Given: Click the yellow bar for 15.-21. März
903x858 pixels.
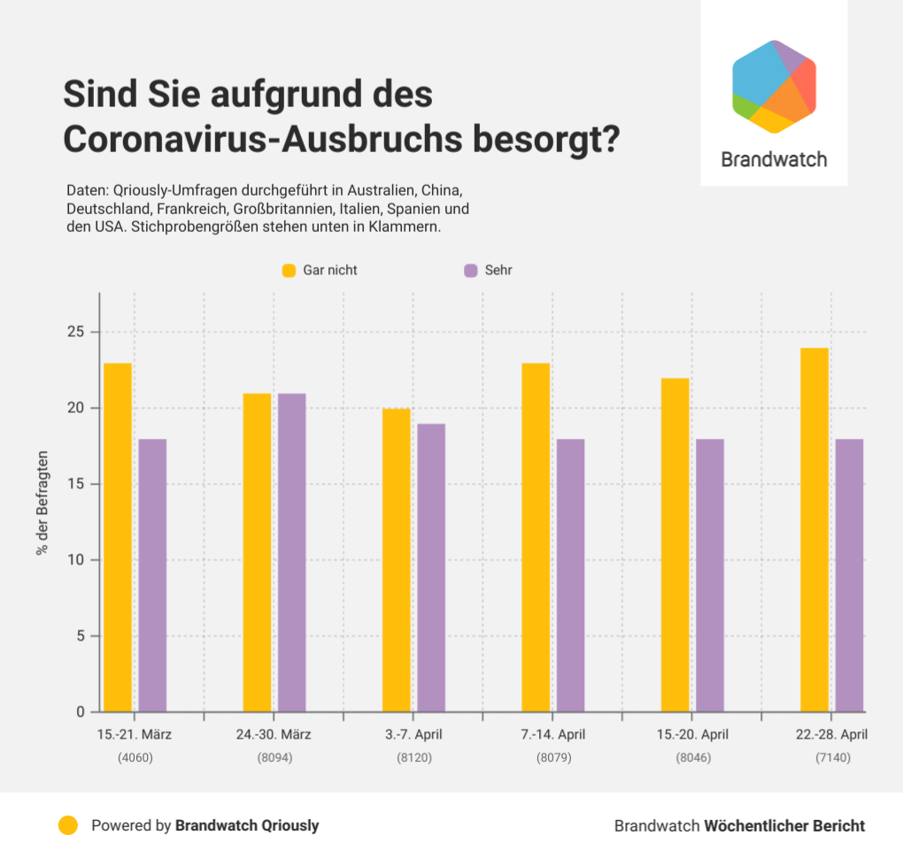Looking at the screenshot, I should pyautogui.click(x=118, y=537).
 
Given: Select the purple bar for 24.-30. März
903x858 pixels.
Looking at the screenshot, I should pyautogui.click(x=291, y=552).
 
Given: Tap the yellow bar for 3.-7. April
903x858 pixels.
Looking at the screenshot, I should pyautogui.click(x=397, y=560).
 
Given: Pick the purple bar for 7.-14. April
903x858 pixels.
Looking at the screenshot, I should pyautogui.click(x=570, y=575).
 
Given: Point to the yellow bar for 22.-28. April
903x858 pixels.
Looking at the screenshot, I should pyautogui.click(x=814, y=530).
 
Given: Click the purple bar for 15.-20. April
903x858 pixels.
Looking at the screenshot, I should pyautogui.click(x=710, y=575).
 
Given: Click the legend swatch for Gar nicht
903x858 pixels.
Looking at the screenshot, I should pyautogui.click(x=289, y=270).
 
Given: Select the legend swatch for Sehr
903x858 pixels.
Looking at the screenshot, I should pyautogui.click(x=471, y=270).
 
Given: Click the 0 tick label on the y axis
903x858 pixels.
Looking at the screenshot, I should pyautogui.click(x=80, y=712).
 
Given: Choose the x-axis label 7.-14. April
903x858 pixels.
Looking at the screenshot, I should pyautogui.click(x=552, y=734).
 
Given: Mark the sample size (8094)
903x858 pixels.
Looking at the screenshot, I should pyautogui.click(x=274, y=758).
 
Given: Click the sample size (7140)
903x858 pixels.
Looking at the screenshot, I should pyautogui.click(x=832, y=758).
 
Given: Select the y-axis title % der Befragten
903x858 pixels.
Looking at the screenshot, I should pyautogui.click(x=42, y=502).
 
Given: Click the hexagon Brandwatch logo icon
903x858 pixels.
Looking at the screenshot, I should pyautogui.click(x=774, y=87).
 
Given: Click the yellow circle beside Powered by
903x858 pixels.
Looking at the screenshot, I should pyautogui.click(x=67, y=825).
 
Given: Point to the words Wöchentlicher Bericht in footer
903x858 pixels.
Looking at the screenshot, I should pyautogui.click(x=784, y=825).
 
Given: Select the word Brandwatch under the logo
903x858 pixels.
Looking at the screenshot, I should pyautogui.click(x=774, y=159).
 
